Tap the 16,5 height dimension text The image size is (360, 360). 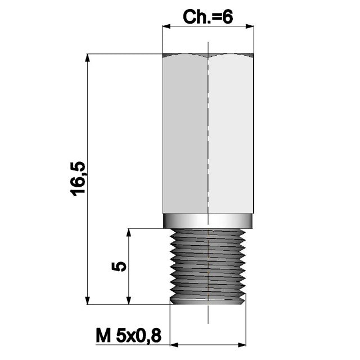pyautogui.click(x=78, y=178)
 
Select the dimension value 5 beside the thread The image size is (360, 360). pyautogui.click(x=118, y=266)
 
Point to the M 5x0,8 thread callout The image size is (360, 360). pyautogui.click(x=128, y=336)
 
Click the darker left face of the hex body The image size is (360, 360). pyautogui.click(x=185, y=135)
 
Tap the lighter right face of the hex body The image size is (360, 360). pyautogui.click(x=231, y=135)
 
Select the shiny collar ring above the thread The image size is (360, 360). pyautogui.click(x=208, y=221)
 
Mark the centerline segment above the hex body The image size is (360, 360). pyautogui.click(x=208, y=47)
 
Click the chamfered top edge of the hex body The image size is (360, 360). pyautogui.click(x=208, y=56)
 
